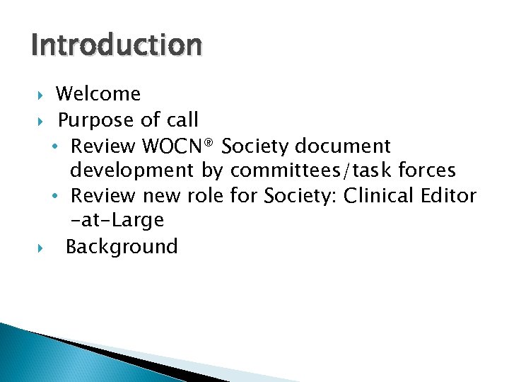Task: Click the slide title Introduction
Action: pyautogui.click(x=117, y=45)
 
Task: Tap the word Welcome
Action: pyautogui.click(x=98, y=93)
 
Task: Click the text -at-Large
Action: pyautogui.click(x=117, y=220)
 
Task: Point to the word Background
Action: pyautogui.click(x=122, y=247)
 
